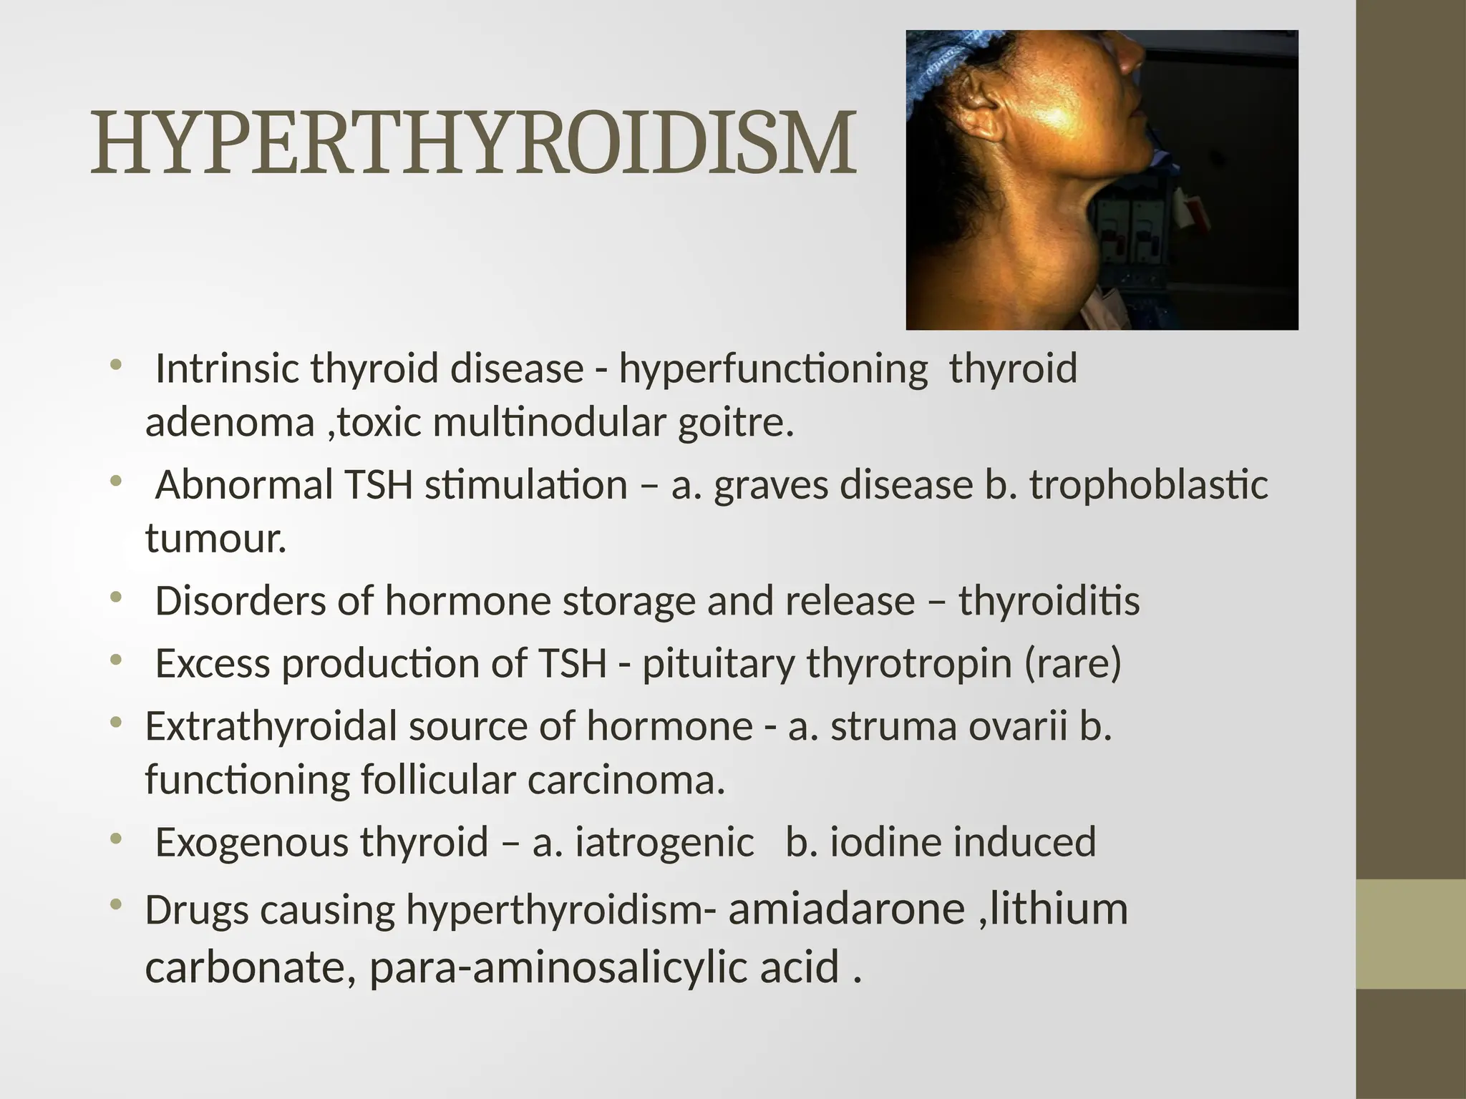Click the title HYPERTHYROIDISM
(x=472, y=143)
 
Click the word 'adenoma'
(x=230, y=422)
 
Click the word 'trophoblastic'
(x=1148, y=484)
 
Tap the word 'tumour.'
(x=215, y=538)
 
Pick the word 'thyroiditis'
(x=1049, y=601)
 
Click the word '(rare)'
(x=1072, y=663)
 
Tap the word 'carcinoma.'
(x=626, y=779)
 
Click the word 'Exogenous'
(x=251, y=841)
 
